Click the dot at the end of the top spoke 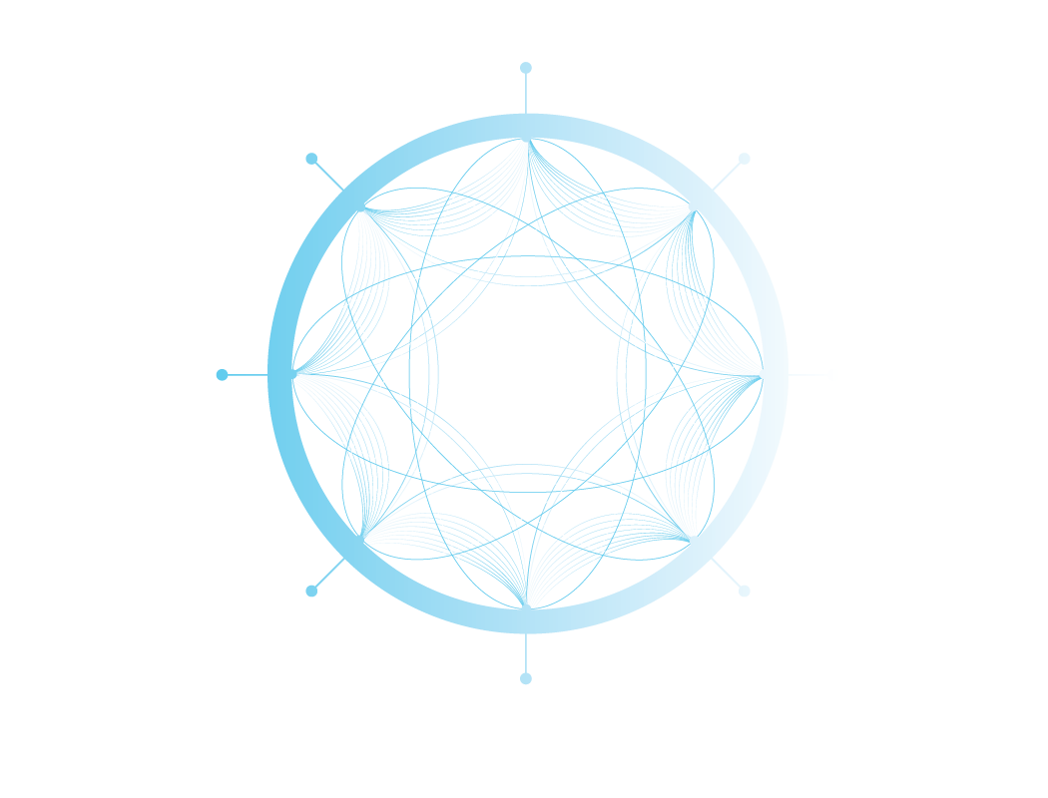(526, 68)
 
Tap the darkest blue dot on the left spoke (222, 375)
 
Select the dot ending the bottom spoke (526, 678)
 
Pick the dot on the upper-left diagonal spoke (311, 159)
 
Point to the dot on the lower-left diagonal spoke (311, 591)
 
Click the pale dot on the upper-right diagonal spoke (744, 159)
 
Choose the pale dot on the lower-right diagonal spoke (744, 591)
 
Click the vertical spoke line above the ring (526, 93)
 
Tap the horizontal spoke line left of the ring (248, 375)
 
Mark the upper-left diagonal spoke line (328, 175)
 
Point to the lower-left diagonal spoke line (329, 574)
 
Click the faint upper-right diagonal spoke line (726, 176)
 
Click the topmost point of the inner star (528, 141)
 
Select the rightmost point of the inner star (762, 376)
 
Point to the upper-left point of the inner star (363, 208)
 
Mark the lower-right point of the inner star (690, 541)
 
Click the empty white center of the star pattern (527, 375)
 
